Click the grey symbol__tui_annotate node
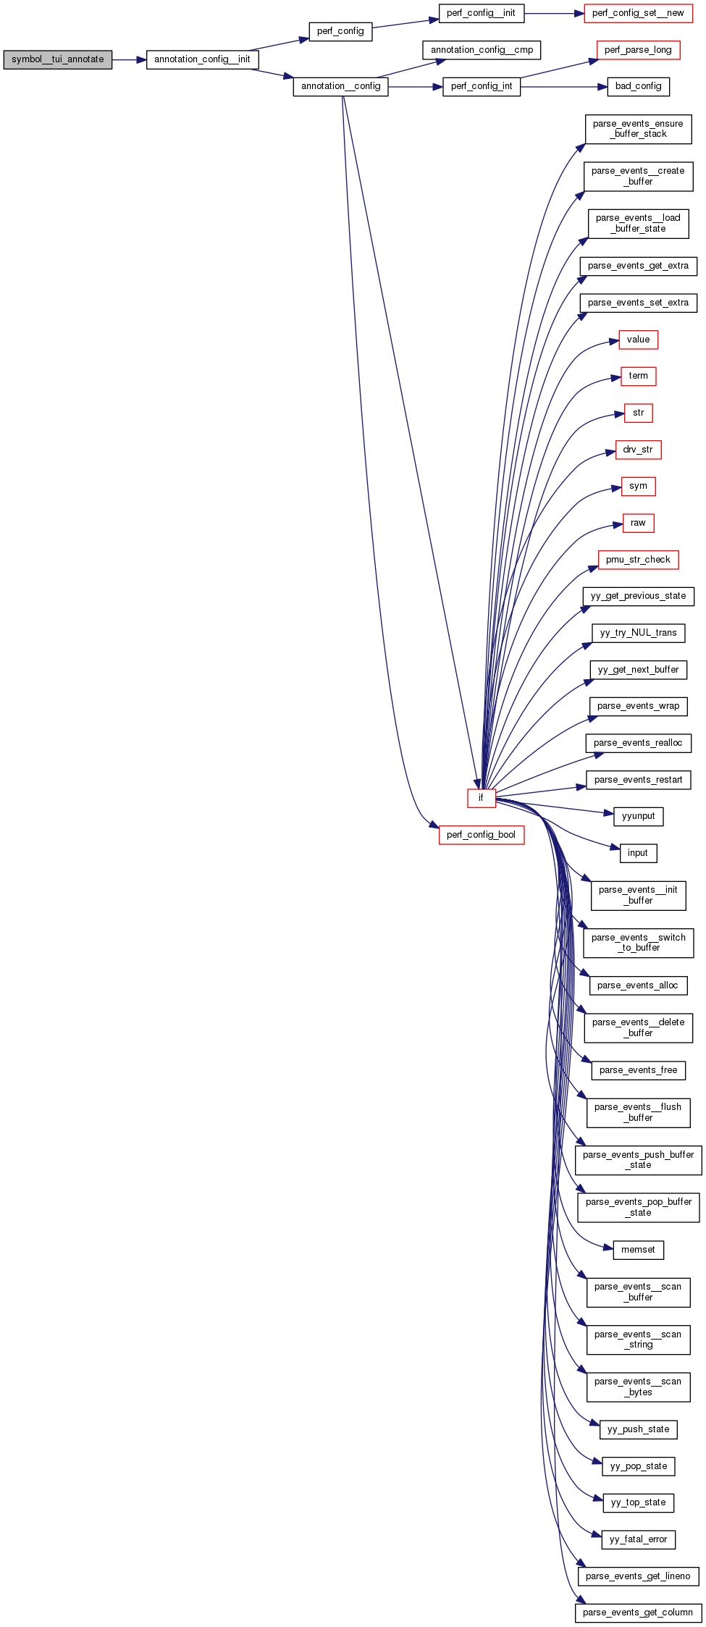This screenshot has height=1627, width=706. [x=57, y=59]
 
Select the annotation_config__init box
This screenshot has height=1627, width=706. [x=202, y=59]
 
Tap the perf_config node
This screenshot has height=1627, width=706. [x=340, y=31]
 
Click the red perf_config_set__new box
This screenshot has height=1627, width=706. [x=638, y=13]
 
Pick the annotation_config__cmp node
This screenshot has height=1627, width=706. [x=482, y=50]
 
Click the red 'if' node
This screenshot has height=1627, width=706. [x=481, y=798]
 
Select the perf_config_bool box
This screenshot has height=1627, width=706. [x=481, y=835]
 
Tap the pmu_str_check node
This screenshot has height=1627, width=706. [x=638, y=560]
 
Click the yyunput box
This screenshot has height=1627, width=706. [x=638, y=816]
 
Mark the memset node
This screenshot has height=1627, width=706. [x=638, y=1250]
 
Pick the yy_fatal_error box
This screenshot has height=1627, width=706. [x=638, y=1539]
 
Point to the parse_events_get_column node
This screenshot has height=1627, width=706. [x=638, y=1613]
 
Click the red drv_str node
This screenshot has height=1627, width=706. [x=638, y=450]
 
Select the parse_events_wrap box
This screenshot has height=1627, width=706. [x=638, y=706]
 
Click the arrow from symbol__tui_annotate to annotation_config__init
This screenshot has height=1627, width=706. [x=129, y=59]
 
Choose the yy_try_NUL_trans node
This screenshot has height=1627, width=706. [x=638, y=633]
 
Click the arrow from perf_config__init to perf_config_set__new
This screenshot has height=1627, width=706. [x=554, y=13]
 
